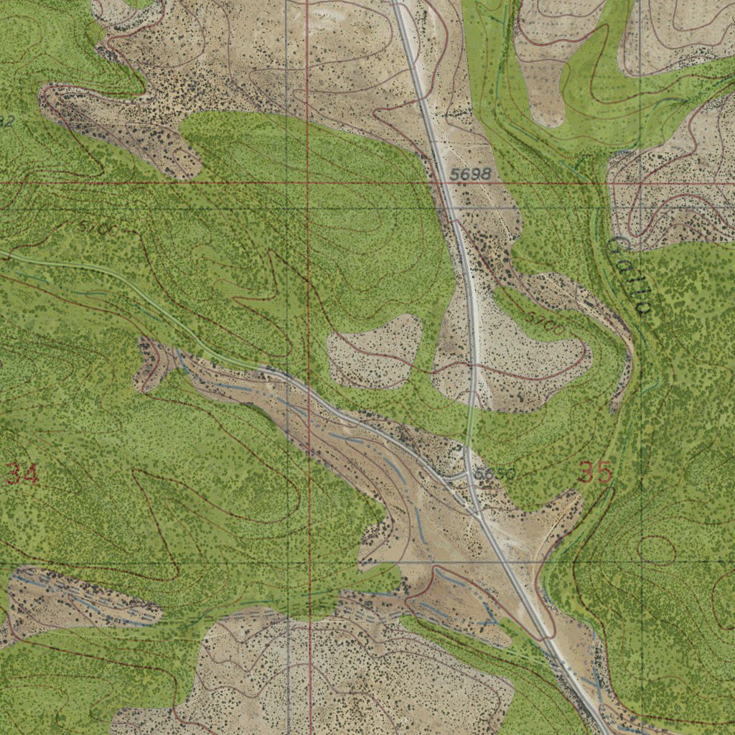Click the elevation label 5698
472,174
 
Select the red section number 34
22,474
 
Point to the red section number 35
595,473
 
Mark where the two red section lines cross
307,183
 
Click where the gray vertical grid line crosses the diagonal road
286,377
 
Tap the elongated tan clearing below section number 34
79,599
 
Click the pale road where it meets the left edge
3,253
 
